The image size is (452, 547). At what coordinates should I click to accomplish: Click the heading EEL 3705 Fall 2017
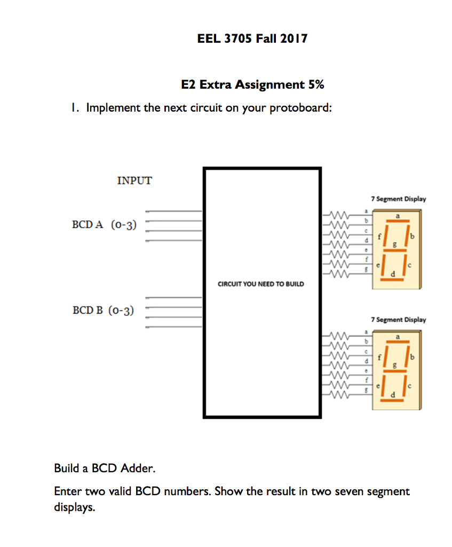[x=252, y=38]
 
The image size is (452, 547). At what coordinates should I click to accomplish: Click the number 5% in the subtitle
[x=314, y=84]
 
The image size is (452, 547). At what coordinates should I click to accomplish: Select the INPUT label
[x=134, y=181]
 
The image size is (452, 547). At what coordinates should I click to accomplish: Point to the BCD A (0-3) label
[x=104, y=225]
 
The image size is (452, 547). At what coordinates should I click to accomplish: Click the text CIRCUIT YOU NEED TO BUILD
[x=260, y=284]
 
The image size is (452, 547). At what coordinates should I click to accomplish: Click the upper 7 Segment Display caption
[x=400, y=199]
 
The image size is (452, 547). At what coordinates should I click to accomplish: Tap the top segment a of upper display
[x=398, y=220]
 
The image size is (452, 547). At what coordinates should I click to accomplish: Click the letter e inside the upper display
[x=379, y=265]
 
